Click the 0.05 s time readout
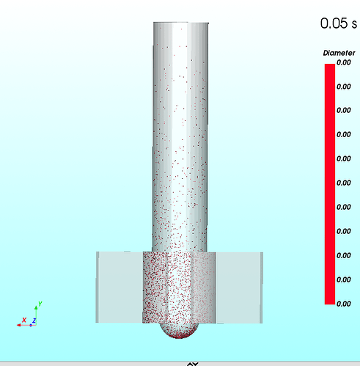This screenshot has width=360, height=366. click(339, 23)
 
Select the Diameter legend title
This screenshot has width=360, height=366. click(339, 53)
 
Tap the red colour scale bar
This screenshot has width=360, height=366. click(330, 184)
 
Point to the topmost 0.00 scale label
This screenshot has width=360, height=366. click(344, 62)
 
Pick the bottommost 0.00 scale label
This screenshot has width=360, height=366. click(344, 304)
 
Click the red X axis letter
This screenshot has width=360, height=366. click(24, 320)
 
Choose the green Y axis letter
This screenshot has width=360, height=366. click(40, 304)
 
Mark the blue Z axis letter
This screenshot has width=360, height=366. click(34, 321)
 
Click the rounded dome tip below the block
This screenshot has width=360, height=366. click(179, 331)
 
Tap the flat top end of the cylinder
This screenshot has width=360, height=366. click(181, 23)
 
